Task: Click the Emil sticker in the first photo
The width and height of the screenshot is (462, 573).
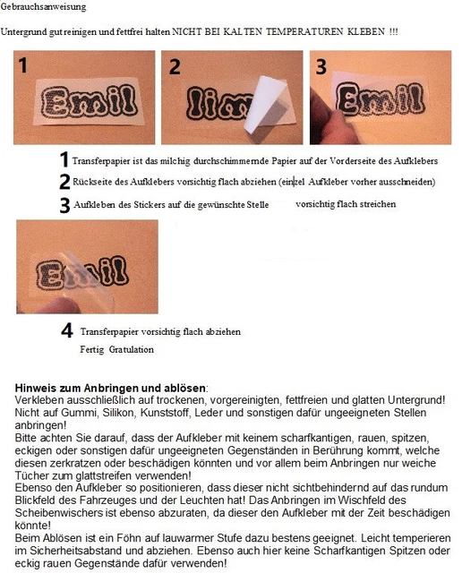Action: (x=81, y=101)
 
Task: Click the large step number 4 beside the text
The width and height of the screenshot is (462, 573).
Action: (x=66, y=331)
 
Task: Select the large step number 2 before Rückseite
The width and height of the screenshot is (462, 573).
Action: (x=64, y=182)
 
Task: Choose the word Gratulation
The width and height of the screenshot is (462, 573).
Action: (x=131, y=349)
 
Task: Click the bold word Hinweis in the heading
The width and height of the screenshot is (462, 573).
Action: (x=37, y=387)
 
